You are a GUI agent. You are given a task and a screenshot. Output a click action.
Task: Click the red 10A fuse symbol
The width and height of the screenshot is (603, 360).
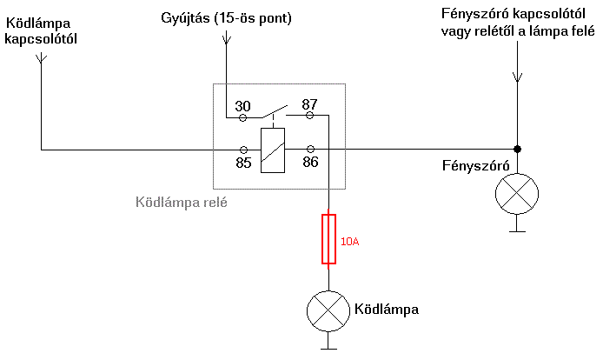coord(328,239)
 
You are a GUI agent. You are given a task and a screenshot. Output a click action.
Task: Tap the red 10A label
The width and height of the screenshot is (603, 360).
coord(348,242)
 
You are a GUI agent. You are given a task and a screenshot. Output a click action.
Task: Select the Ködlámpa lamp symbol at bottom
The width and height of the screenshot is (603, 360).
coord(328,310)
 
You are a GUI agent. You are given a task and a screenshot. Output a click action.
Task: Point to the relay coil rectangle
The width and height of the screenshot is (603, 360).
coord(274,149)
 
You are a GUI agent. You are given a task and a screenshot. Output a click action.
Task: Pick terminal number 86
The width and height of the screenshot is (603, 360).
coord(310,162)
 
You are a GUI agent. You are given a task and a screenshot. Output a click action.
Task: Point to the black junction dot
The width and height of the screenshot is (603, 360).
coord(517,149)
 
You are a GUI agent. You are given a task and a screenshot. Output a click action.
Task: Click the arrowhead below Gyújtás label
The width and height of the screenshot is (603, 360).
coord(226,39)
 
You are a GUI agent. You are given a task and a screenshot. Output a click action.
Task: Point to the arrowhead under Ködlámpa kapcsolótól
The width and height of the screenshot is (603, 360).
coord(41,59)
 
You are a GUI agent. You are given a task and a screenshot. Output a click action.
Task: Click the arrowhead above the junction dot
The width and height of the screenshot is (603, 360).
coord(517,77)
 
